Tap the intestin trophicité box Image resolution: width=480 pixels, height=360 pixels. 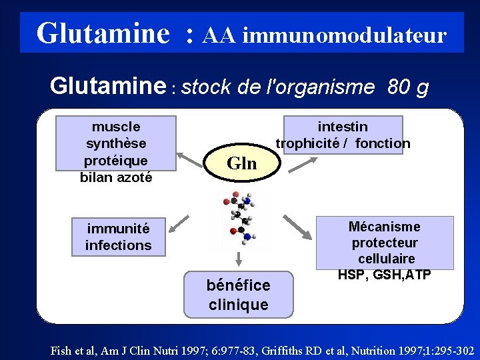(x=343, y=135)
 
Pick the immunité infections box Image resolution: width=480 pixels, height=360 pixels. (x=119, y=237)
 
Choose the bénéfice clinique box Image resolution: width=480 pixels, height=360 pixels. (x=238, y=294)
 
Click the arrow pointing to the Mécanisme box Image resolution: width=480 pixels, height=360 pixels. (x=298, y=227)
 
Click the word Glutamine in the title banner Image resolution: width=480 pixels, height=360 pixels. (x=103, y=33)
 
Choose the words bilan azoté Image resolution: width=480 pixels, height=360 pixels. (x=116, y=177)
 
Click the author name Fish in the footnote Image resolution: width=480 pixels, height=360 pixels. (x=63, y=350)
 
